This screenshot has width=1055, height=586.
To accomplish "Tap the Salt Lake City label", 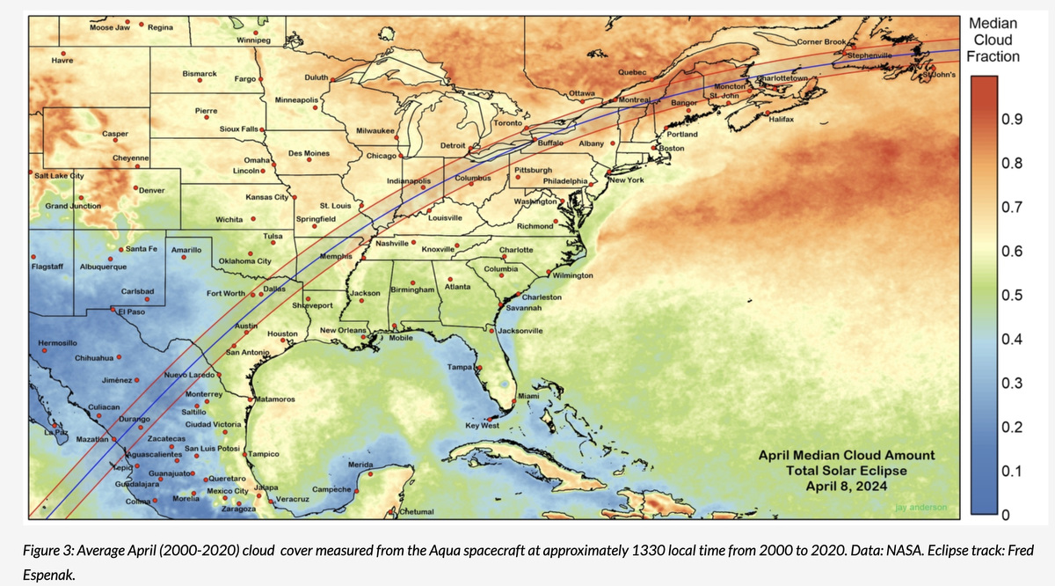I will pyautogui.click(x=58, y=176).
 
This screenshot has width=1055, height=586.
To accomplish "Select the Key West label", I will pyautogui.click(x=482, y=425).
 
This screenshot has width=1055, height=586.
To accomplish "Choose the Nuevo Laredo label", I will pyautogui.click(x=190, y=376).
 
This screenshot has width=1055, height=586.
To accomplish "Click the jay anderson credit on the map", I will pyautogui.click(x=920, y=508).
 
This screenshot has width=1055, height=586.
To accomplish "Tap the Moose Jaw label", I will pyautogui.click(x=110, y=28).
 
